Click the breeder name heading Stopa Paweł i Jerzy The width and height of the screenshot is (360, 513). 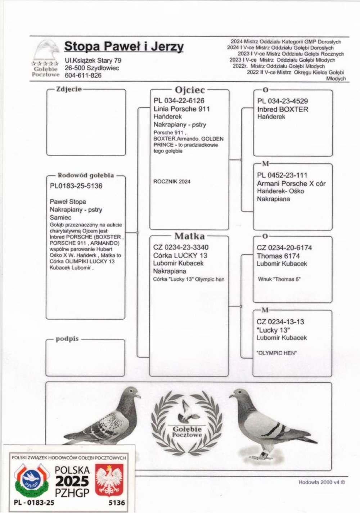pyautogui.click(x=124, y=47)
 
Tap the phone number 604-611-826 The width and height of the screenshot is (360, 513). pyautogui.click(x=83, y=76)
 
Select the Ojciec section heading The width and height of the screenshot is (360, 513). pyautogui.click(x=190, y=90)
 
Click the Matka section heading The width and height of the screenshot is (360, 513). pyautogui.click(x=189, y=236)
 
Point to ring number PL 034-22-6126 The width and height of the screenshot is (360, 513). pyautogui.click(x=179, y=101)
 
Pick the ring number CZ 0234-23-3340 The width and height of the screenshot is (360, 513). pyautogui.click(x=181, y=247)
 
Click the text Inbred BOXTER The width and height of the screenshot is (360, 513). pyautogui.click(x=283, y=109)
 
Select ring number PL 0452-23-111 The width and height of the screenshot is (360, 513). pyautogui.click(x=282, y=175)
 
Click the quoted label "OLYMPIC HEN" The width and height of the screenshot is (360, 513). pyautogui.click(x=277, y=353)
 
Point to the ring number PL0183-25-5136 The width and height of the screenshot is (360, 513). pyautogui.click(x=76, y=186)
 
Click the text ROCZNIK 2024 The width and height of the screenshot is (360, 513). pyautogui.click(x=172, y=182)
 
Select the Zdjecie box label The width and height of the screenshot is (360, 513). pyautogui.click(x=69, y=89)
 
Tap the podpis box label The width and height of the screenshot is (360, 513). pyautogui.click(x=67, y=339)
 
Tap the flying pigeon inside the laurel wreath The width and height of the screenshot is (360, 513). pyautogui.click(x=188, y=411)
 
